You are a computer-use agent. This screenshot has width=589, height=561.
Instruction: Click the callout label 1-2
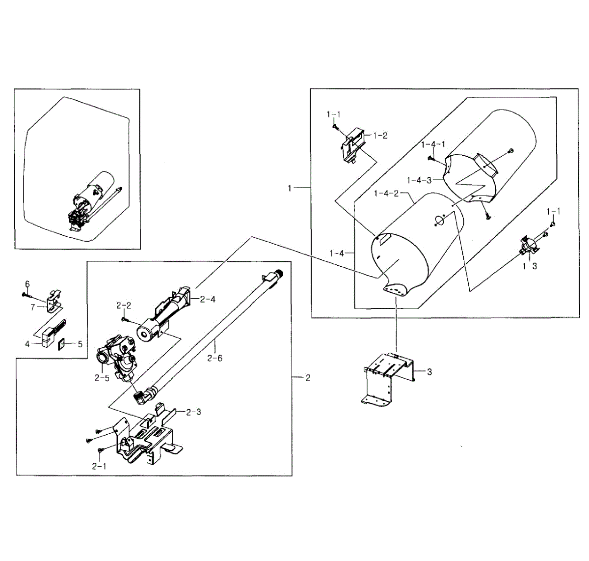380,136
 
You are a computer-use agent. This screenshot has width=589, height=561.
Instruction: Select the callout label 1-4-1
433,144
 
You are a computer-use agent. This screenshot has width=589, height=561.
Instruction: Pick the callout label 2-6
214,358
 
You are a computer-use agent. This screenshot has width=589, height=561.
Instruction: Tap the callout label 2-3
193,412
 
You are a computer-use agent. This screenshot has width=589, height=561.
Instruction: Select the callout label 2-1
99,466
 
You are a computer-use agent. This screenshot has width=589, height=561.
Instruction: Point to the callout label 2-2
124,306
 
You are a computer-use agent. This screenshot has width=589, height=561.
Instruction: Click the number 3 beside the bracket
429,372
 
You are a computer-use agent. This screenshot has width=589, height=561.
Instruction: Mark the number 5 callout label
80,344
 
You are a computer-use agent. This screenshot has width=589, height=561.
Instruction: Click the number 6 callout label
27,284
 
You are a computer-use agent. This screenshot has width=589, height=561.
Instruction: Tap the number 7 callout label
33,307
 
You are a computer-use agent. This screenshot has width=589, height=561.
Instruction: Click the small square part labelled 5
62,344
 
